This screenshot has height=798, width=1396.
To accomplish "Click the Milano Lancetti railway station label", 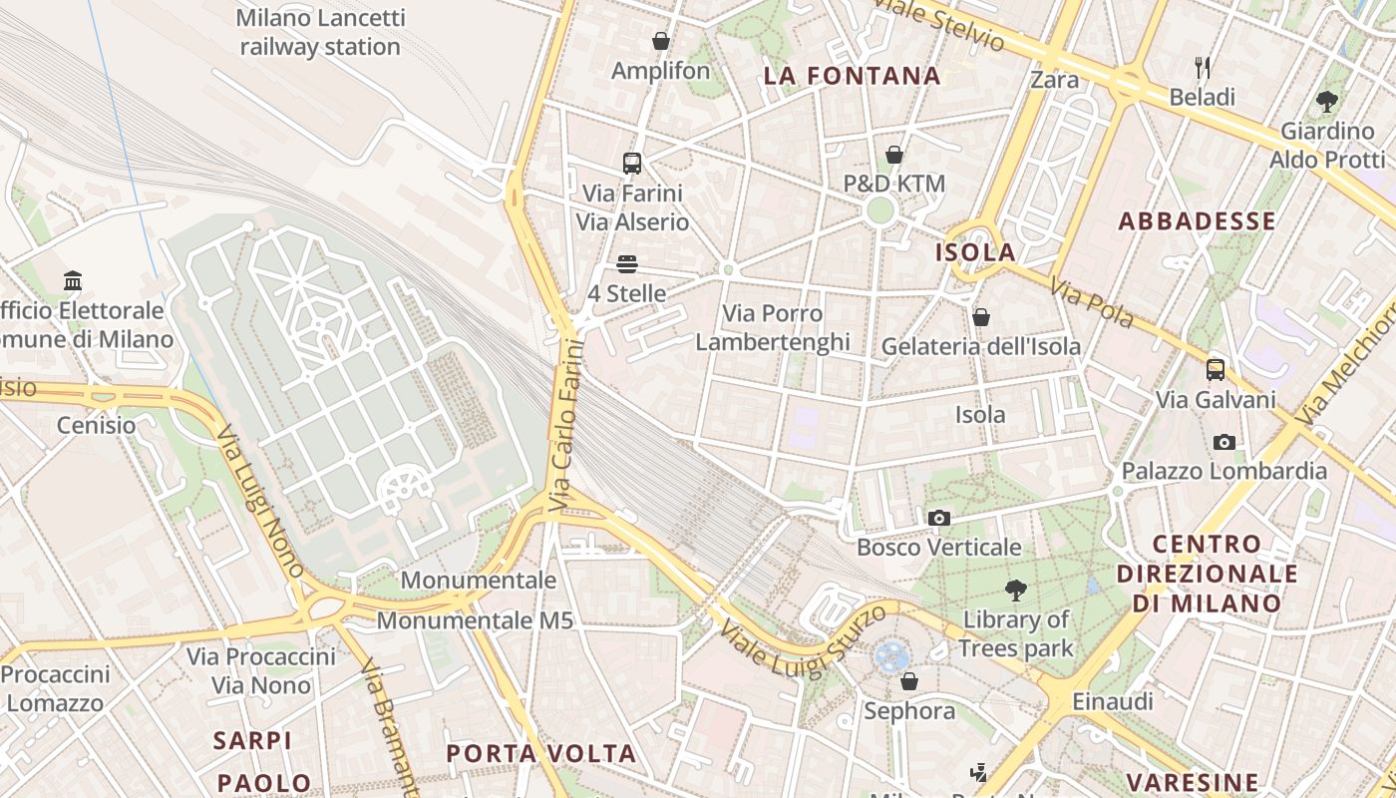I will pyautogui.click(x=320, y=32).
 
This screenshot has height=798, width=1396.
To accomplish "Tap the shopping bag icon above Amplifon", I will pyautogui.click(x=660, y=41).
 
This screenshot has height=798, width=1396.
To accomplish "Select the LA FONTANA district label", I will pyautogui.click(x=852, y=76).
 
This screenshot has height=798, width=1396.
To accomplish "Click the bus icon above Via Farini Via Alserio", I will pyautogui.click(x=631, y=164).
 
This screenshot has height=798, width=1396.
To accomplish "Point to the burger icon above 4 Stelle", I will pyautogui.click(x=626, y=264).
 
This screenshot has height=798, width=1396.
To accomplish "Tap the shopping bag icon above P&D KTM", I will pyautogui.click(x=894, y=155).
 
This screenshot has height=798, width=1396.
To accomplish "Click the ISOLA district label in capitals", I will pyautogui.click(x=975, y=252).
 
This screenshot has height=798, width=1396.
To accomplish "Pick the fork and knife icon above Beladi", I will pyautogui.click(x=1203, y=68).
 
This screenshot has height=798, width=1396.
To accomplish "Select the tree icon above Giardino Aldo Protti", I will pyautogui.click(x=1326, y=101).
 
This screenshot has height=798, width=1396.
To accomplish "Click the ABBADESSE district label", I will pyautogui.click(x=1197, y=221).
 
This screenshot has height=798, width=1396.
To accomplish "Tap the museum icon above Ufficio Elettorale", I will pyautogui.click(x=73, y=281).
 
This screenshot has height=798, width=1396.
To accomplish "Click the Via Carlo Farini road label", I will pyautogui.click(x=565, y=427).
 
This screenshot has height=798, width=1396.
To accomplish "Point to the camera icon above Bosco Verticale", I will pyautogui.click(x=938, y=518).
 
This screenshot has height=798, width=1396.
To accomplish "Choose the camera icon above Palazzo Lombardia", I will pyautogui.click(x=1223, y=442).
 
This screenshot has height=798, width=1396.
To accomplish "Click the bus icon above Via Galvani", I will pyautogui.click(x=1215, y=370).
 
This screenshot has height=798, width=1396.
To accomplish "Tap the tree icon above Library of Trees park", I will pyautogui.click(x=1015, y=591).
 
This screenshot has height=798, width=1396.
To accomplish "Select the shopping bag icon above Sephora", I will pyautogui.click(x=908, y=681).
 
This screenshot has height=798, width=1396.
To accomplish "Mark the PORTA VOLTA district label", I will pyautogui.click(x=540, y=753).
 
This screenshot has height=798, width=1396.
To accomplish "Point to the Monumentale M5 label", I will pyautogui.click(x=475, y=620).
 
